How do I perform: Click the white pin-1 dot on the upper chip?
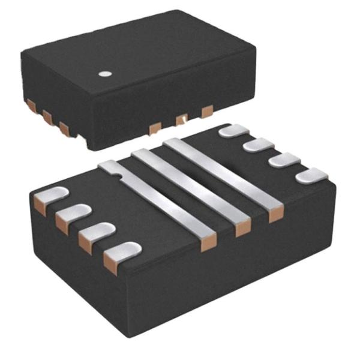pos(105,74)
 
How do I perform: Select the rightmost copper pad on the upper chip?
pos(207,111)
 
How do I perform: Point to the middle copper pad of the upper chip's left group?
pos(46,116)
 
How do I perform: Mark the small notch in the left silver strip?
pos(119,175)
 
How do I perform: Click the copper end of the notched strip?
pos(208,243)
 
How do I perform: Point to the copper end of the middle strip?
pos(243,229)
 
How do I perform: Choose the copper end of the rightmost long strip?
pos(275,214)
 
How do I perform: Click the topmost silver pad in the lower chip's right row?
pos(234,130)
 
